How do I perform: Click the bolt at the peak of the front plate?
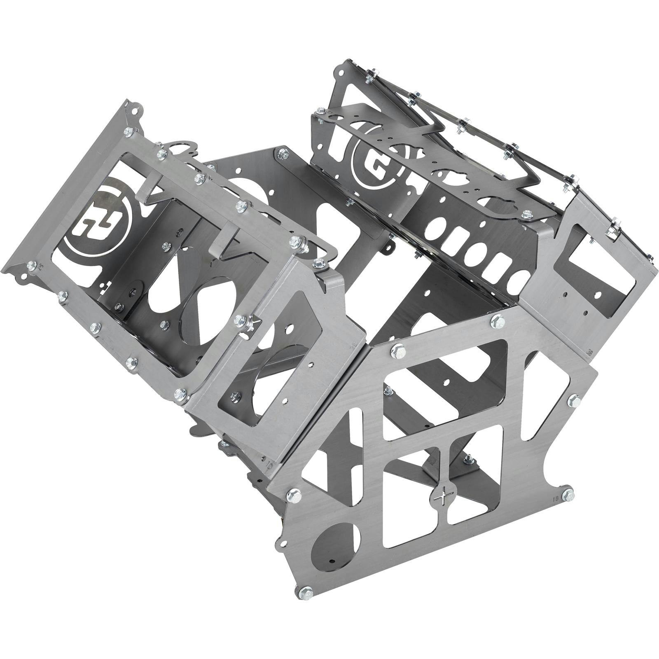pos(398,351)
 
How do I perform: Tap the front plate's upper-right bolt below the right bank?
pos(498,319)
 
